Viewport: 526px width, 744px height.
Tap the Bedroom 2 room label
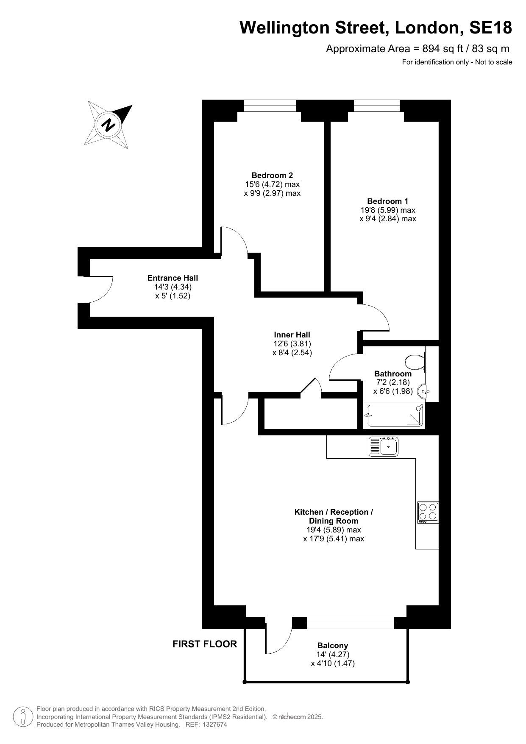point(272,175)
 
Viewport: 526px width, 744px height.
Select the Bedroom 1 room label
point(388,201)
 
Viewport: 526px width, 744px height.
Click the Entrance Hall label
point(173,278)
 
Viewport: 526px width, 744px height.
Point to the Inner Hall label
point(292,335)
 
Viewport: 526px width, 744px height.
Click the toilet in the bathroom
point(415,362)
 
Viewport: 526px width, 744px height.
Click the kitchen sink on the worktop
point(384,446)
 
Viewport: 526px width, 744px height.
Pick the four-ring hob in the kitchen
point(428,513)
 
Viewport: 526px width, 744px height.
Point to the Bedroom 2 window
point(270,106)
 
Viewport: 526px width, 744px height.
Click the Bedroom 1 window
point(377,106)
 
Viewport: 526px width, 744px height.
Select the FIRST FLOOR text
point(205,644)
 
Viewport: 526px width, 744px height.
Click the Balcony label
point(333,646)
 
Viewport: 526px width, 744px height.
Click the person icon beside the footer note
point(23,717)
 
